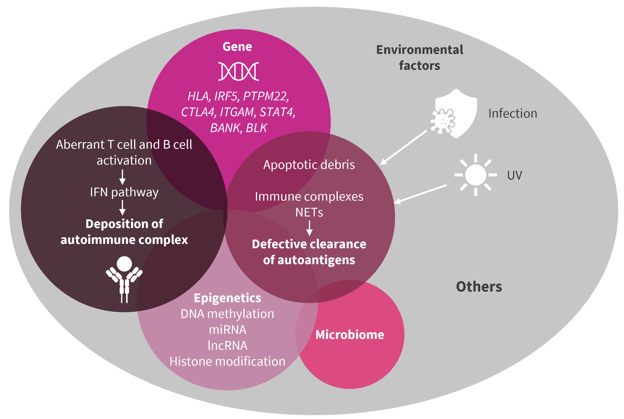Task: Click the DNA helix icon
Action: (238, 71)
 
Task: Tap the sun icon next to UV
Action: (475, 175)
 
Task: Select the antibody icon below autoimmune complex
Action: (124, 279)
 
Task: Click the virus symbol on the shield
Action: (443, 121)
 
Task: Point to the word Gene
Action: (237, 46)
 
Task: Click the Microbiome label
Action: (350, 335)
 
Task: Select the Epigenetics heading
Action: (227, 298)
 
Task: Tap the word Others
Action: (479, 286)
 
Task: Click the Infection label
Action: (513, 113)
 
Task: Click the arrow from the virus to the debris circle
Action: (403, 147)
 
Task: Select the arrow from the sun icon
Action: (420, 194)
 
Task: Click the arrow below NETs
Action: (309, 228)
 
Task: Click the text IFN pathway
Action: (124, 192)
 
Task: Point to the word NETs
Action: (309, 212)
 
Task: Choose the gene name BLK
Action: (256, 128)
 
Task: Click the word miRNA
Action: (227, 330)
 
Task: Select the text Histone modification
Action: (227, 361)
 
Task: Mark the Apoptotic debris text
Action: (309, 165)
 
